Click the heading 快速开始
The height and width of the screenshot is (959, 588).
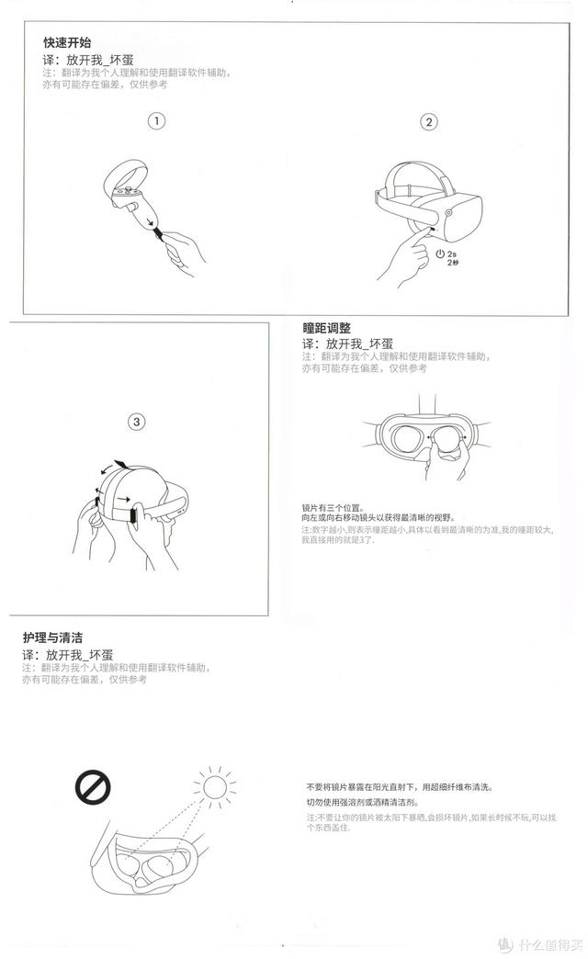point(67,42)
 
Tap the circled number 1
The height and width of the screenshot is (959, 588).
point(156,120)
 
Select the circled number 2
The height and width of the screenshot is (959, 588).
point(429,121)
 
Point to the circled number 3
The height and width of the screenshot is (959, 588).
point(137,422)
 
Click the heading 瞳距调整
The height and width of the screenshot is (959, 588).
point(327,328)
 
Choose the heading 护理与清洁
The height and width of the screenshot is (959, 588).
point(52,637)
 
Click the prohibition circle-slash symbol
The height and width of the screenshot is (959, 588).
point(93,786)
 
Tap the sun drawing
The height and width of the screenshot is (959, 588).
point(214,787)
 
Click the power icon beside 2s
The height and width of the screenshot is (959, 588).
point(440,254)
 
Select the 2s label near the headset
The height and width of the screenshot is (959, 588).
point(451,254)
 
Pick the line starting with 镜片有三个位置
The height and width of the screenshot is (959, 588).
point(333,508)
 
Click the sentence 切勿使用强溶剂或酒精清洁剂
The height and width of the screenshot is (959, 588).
point(363,802)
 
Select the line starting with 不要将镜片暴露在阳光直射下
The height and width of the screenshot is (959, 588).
point(400,787)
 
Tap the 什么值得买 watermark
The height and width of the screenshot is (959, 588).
point(540,945)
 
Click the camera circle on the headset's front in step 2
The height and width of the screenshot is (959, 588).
point(449,213)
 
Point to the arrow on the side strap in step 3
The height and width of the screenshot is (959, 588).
point(123,500)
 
